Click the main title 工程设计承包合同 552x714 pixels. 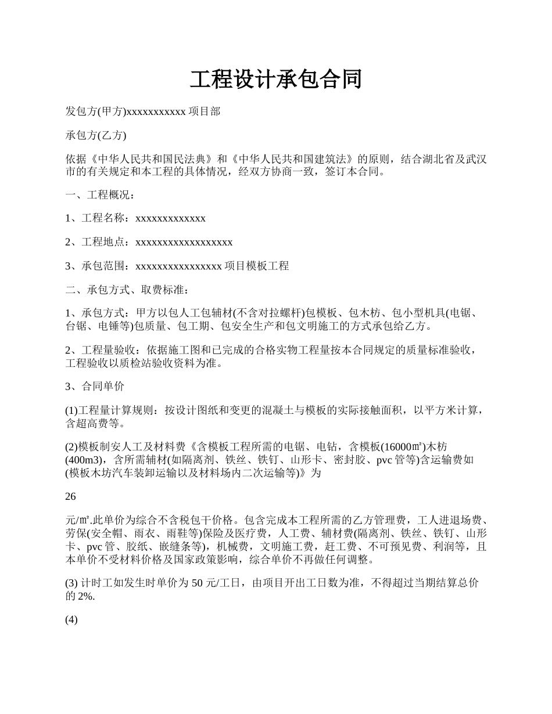point(275,80)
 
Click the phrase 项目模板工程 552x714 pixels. point(256,266)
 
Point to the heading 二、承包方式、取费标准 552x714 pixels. point(127,290)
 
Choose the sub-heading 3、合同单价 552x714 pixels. point(95,386)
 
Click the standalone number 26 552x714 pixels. point(71,497)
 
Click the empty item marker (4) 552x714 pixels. point(71,620)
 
